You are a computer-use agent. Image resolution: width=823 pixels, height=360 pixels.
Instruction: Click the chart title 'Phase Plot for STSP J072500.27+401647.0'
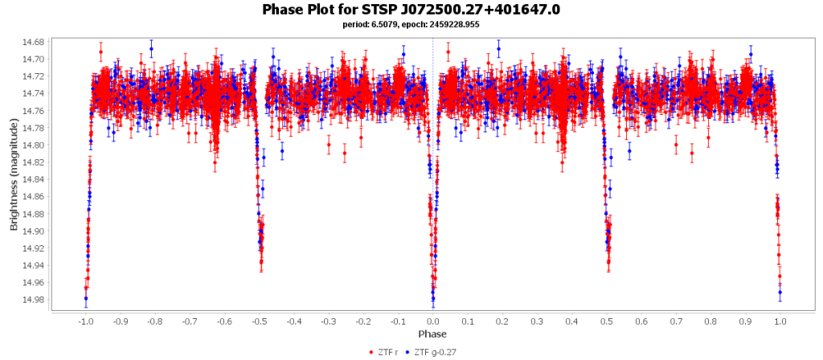click(411, 10)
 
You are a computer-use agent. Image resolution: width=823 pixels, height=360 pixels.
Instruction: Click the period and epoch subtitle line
click(411, 24)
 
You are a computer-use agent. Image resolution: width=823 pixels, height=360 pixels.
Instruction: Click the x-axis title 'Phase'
click(432, 333)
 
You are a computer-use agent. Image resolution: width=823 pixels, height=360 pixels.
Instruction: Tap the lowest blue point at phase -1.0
click(85, 298)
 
